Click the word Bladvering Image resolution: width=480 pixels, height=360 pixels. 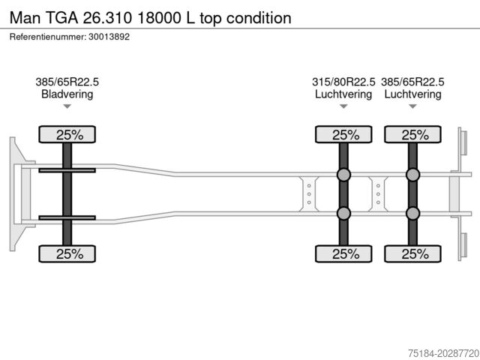click(67, 94)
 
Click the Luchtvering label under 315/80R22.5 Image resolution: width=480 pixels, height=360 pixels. click(343, 94)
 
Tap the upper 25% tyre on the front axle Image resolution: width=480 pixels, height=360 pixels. click(67, 135)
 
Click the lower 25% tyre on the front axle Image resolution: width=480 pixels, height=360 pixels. click(67, 253)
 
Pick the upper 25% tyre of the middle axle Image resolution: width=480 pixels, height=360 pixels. click(343, 135)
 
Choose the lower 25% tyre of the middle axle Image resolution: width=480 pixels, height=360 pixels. click(343, 253)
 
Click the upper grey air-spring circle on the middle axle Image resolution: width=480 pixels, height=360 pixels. click(343, 175)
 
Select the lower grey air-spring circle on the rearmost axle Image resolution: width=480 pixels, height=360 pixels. click(412, 213)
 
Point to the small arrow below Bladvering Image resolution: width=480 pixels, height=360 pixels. click(67, 106)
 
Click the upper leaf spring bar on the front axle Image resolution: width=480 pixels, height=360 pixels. click(67, 170)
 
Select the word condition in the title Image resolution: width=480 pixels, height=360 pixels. click(253, 17)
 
